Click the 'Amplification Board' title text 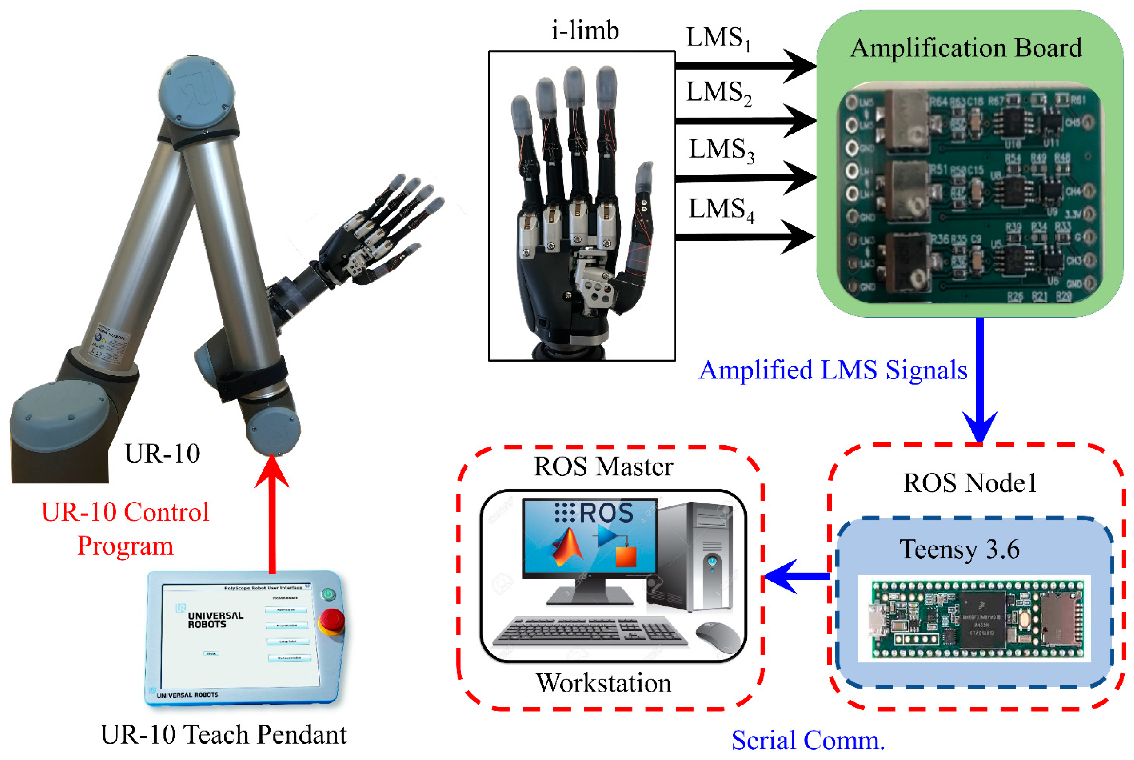pos(966,48)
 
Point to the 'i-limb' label pos(585,31)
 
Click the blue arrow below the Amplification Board pos(980,378)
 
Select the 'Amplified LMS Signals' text pos(833,370)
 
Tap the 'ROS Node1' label pos(970,483)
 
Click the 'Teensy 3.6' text pos(960,549)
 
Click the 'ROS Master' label pos(603,467)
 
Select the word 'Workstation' pos(603,683)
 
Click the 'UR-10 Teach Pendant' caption pos(223,735)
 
